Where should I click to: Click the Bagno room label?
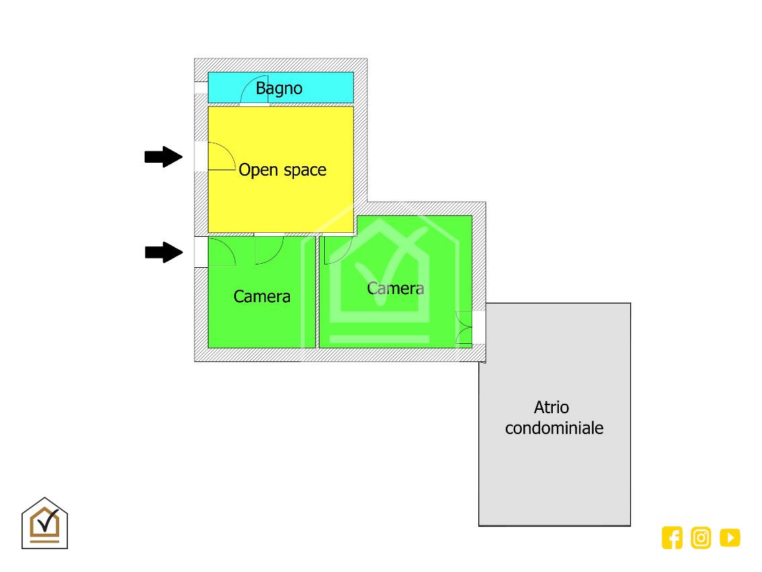(x=278, y=88)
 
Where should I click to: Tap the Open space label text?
(x=282, y=170)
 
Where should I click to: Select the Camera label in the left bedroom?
(x=262, y=296)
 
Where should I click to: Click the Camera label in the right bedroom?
(x=395, y=288)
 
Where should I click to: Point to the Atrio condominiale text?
(x=554, y=417)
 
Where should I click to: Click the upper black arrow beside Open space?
(x=163, y=157)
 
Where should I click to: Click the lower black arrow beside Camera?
(x=163, y=253)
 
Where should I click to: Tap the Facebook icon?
(x=672, y=538)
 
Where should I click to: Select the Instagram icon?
(x=701, y=538)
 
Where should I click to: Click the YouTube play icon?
(x=730, y=538)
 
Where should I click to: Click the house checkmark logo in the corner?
(x=45, y=523)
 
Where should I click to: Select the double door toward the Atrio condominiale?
(x=463, y=328)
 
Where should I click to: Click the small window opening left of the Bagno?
(x=200, y=88)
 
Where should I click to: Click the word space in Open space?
(x=304, y=170)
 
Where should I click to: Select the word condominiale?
(x=554, y=428)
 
